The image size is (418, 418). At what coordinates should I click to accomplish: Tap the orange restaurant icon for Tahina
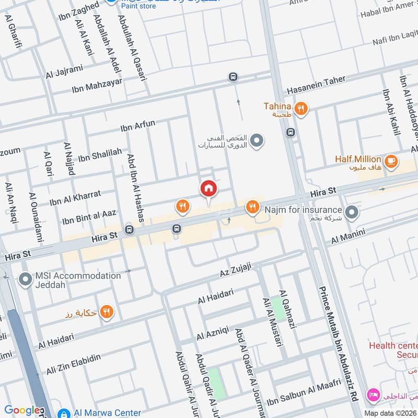pyautogui.click(x=300, y=109)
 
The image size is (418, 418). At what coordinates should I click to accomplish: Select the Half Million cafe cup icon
pyautogui.click(x=391, y=160)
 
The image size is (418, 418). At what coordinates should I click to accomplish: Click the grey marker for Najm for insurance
pyautogui.click(x=353, y=212)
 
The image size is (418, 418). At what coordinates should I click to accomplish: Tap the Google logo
pyautogui.click(x=22, y=411)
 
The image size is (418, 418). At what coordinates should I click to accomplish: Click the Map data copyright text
pyautogui.click(x=390, y=413)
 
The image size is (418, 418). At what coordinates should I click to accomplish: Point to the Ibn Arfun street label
pyautogui.click(x=138, y=125)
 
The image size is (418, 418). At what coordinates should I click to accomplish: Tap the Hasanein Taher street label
pyautogui.click(x=316, y=83)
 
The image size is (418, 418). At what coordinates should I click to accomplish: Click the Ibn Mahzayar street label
pyautogui.click(x=97, y=86)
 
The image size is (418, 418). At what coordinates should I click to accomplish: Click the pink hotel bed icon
pyautogui.click(x=373, y=393)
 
